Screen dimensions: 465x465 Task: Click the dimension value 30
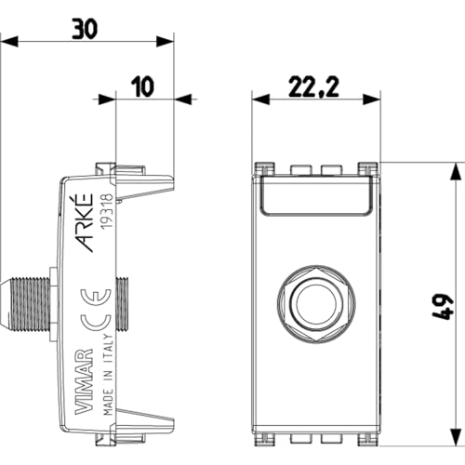(x=85, y=29)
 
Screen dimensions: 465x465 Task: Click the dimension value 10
(x=142, y=86)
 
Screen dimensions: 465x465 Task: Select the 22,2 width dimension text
(x=313, y=87)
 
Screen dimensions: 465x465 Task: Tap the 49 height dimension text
(x=443, y=307)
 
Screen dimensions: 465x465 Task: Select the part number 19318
(x=107, y=211)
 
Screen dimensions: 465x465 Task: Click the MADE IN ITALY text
(x=108, y=375)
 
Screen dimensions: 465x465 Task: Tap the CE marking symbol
(x=96, y=311)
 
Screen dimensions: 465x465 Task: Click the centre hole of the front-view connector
(x=316, y=303)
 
